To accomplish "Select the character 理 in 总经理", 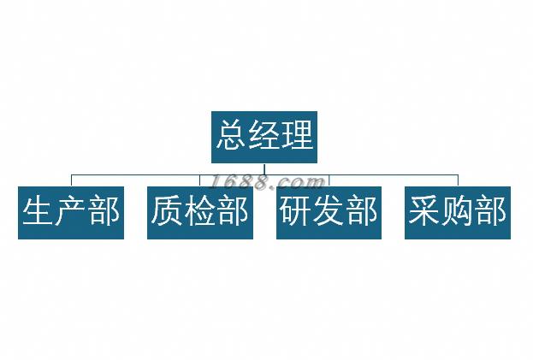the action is pos(297,135).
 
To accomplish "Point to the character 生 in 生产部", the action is pos(38,210).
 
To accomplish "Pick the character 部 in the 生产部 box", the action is pos(104,210).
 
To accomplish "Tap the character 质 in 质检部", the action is pos(167,210).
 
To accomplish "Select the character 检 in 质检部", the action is pos(199,210).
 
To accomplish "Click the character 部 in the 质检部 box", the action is pos(233,210).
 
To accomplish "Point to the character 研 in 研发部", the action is pos(296,210).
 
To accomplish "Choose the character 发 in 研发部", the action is pos(329,210).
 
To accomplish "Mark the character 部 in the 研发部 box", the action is pos(361,210).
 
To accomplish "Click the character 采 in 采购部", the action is pos(424,210).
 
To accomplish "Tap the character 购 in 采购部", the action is pos(457,210).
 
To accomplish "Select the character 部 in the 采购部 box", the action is pos(490,210).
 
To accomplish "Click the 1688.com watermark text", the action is pos(267,182).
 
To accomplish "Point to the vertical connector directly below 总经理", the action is pos(264,169).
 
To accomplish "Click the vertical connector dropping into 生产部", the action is pos(71,180).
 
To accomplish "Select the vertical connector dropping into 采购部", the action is pos(458,180).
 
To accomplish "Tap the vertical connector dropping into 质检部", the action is pos(200,180).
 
